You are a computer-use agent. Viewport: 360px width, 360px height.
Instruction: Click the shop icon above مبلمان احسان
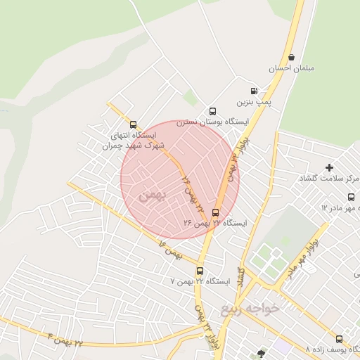[291, 58]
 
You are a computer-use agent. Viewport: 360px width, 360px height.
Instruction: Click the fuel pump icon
[254, 91]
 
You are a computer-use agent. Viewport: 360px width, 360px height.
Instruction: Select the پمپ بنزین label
[253, 102]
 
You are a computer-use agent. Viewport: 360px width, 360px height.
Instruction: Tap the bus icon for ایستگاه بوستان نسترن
[212, 111]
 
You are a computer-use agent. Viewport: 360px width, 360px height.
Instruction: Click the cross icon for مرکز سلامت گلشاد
[329, 167]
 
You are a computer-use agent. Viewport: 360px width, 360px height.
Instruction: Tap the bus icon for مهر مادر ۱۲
[350, 197]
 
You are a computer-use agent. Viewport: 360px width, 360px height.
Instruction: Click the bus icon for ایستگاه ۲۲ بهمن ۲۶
[215, 212]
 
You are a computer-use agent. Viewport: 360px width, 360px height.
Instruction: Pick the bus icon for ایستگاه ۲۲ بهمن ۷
[200, 271]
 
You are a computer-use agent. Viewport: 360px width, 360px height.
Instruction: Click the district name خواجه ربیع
[250, 308]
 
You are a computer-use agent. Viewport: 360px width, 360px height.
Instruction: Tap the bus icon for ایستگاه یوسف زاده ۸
[339, 339]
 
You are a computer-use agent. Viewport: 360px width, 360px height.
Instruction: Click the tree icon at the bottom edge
[262, 354]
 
